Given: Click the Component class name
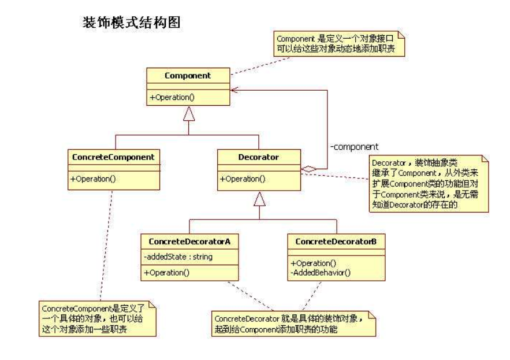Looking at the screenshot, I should pos(188,76).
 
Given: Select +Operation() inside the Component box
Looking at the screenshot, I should pos(172,98).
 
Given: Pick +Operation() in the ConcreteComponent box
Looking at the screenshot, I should pos(93,179).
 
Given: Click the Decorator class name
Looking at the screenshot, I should pos(259,157).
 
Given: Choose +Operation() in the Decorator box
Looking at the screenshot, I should pos(243,179).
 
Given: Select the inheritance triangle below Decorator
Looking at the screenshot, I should pos(259,199).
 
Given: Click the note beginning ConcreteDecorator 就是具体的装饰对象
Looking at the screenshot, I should pos(293,324).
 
